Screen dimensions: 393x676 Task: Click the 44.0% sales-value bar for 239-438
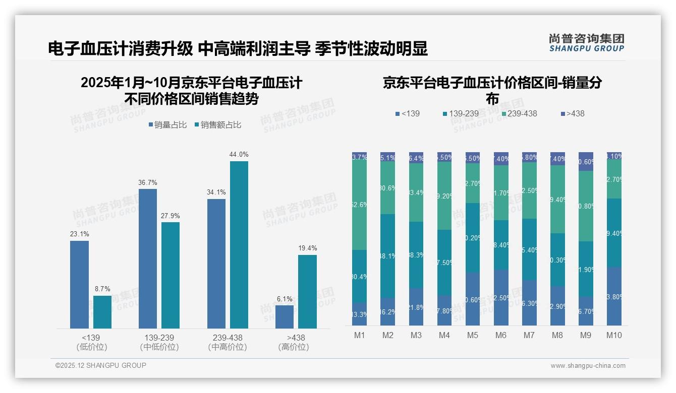[239, 245]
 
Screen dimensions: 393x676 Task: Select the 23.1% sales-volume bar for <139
[79, 285]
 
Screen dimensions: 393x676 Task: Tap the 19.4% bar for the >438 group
[307, 292]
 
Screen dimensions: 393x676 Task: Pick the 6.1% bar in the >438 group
[285, 317]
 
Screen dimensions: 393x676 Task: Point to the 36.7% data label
[148, 182]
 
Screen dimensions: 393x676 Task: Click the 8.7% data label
[102, 289]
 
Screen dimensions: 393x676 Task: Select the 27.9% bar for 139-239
[171, 275]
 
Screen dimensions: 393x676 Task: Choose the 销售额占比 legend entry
[217, 125]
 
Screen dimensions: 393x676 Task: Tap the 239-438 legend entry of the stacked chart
[519, 114]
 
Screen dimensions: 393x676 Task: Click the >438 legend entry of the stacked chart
[572, 114]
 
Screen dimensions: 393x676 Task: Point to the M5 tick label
[473, 336]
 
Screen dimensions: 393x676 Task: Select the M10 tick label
[614, 336]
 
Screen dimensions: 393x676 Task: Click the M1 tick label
[360, 336]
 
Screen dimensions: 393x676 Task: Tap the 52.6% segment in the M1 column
[360, 205]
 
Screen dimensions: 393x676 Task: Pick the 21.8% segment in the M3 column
[416, 306]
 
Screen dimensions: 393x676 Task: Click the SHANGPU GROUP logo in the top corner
[586, 43]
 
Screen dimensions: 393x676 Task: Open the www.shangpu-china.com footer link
[588, 366]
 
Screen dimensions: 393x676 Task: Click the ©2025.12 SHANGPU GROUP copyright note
[101, 365]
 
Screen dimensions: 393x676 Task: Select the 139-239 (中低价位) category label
[159, 342]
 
